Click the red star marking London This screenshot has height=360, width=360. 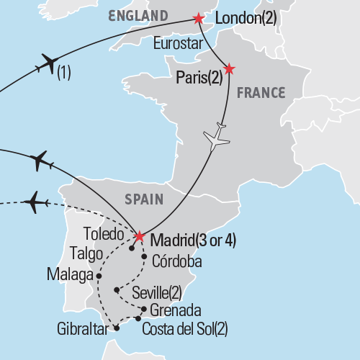tap(198, 17)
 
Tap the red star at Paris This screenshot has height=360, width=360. tap(229, 69)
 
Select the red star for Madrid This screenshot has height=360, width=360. tap(139, 235)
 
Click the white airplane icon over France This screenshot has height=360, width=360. tap(217, 138)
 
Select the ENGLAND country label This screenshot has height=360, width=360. tap(138, 14)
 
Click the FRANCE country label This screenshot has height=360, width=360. tap(262, 92)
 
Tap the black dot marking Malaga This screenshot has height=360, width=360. tap(99, 275)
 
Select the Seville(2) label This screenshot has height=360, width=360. tap(163, 292)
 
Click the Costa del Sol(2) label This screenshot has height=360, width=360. tap(186, 329)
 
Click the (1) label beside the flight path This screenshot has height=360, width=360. tap(64, 73)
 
